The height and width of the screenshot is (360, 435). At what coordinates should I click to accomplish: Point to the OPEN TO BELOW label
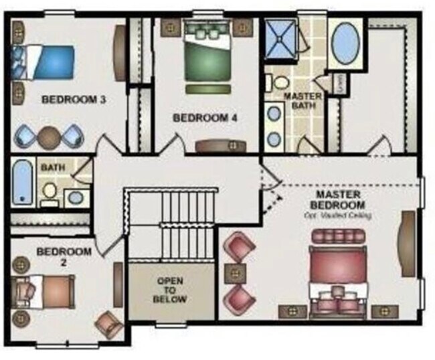(172, 290)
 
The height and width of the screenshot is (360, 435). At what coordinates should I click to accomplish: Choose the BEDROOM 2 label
(64, 256)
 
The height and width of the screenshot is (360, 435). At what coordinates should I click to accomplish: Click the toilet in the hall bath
(49, 192)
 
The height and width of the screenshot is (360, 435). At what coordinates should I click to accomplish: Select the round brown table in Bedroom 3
(49, 137)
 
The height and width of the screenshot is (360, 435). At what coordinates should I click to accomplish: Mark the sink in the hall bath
(76, 197)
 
